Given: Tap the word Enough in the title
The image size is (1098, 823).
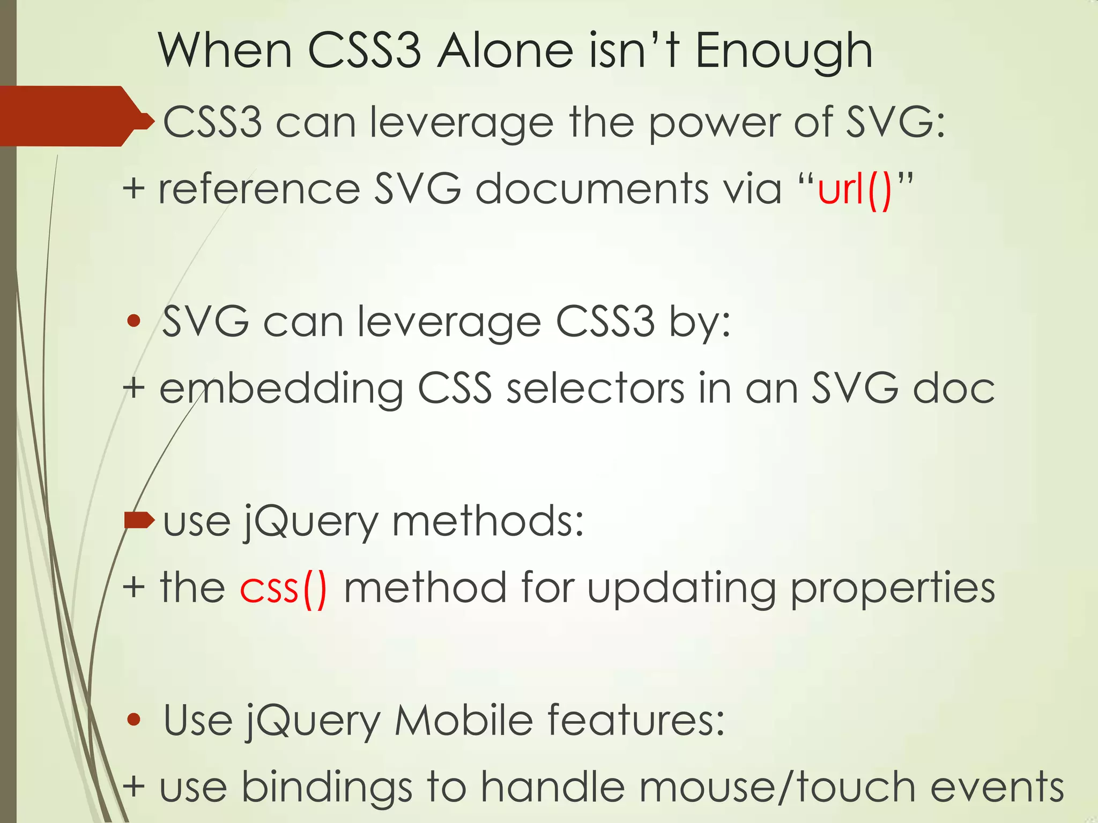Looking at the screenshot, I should pos(784,53).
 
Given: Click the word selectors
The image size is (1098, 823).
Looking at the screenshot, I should pos(595,388).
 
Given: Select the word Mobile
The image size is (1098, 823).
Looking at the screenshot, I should pos(464,721).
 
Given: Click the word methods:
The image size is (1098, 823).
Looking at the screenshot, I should pos(488,521).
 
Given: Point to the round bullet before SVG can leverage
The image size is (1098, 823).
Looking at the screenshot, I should pos(134,321).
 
